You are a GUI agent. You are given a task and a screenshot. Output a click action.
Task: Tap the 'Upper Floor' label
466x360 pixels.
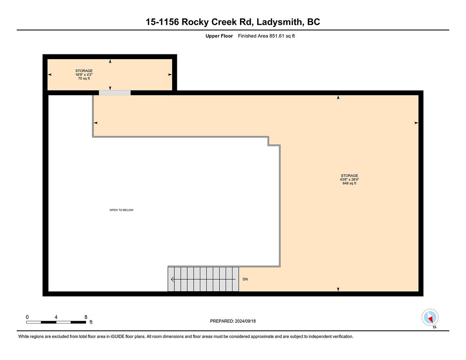click(219, 36)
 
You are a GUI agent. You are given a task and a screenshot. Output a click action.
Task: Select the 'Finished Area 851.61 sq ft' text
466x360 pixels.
click(266, 36)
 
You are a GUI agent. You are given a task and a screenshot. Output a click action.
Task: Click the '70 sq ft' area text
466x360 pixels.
click(84, 78)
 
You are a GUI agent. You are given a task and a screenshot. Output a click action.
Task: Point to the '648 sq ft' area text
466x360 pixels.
click(350, 184)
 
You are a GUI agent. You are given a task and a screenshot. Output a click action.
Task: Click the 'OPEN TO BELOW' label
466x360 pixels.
click(121, 210)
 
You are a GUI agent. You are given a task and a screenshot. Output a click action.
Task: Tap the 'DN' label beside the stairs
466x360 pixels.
click(245, 279)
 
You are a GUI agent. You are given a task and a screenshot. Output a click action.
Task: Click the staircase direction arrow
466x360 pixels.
click(203, 280)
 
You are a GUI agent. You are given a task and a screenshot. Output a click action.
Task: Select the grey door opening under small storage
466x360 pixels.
click(115, 93)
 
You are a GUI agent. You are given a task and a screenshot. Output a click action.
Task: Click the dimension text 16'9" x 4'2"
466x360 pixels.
click(84, 75)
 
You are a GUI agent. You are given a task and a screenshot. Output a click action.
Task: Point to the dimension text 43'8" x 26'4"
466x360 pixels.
click(350, 180)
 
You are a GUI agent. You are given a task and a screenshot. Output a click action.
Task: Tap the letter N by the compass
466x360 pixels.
click(434, 327)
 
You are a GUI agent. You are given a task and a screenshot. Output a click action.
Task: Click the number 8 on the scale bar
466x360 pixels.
click(86, 317)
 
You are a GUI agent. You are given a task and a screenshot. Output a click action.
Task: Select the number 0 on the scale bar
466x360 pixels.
click(27, 317)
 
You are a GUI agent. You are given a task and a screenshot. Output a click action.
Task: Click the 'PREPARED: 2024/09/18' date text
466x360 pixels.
click(233, 321)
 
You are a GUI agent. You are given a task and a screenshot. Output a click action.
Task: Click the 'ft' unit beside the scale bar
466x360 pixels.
click(91, 322)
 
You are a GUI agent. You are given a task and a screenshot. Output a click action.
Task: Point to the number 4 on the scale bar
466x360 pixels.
click(56, 317)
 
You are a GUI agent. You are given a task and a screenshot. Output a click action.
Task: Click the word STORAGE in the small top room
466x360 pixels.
click(84, 71)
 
